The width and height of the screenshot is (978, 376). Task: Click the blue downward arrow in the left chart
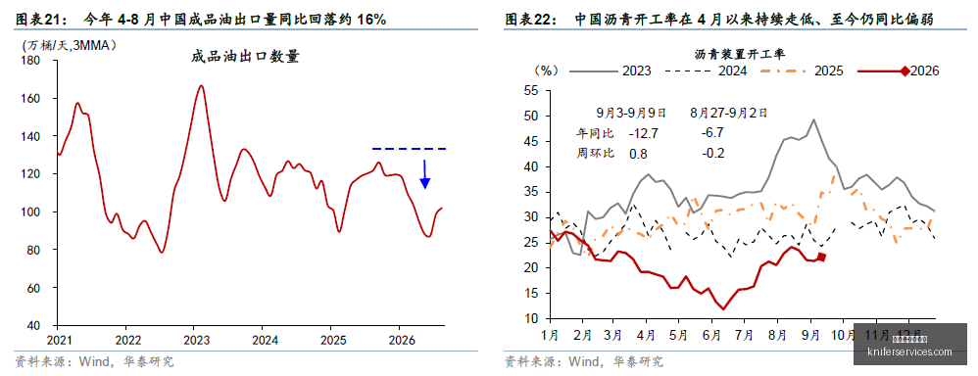click(424, 174)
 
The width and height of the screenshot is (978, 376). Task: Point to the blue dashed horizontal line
click(410, 149)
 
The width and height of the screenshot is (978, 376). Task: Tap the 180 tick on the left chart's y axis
click(32, 61)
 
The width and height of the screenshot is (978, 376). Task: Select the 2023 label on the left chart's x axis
click(193, 341)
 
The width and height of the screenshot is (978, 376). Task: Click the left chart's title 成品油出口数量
click(246, 58)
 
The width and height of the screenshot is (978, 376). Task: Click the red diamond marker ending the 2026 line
click(821, 257)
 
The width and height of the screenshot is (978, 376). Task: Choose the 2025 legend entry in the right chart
click(799, 70)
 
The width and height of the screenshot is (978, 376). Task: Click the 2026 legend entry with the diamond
click(898, 70)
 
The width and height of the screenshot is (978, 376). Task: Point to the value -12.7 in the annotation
click(644, 133)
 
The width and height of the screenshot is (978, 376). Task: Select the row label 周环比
click(595, 153)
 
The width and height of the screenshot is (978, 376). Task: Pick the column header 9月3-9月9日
click(631, 113)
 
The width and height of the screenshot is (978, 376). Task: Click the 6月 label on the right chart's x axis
click(709, 334)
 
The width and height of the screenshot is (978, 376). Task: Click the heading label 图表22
click(530, 20)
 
